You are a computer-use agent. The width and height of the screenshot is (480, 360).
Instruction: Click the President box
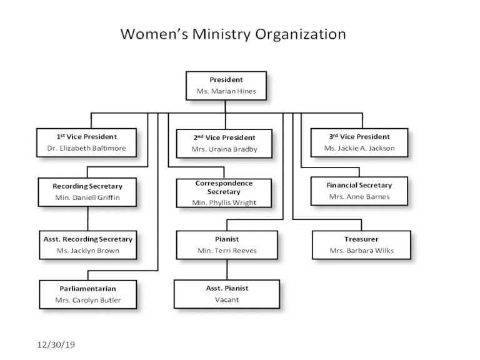tap(226, 86)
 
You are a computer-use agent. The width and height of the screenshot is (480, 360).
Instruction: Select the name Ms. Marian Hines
tap(226, 91)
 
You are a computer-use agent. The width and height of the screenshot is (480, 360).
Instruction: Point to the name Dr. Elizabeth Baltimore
tap(86, 149)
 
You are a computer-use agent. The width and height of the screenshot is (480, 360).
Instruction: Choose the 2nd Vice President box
tap(224, 143)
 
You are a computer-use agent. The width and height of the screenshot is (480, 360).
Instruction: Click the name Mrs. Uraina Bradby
tap(224, 150)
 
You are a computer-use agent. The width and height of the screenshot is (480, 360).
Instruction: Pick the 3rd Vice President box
tap(359, 142)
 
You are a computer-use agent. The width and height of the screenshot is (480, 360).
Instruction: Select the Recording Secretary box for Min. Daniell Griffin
tap(87, 192)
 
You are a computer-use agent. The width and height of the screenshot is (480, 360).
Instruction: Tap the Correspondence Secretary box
tap(224, 192)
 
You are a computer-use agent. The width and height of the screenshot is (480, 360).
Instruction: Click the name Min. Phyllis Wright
tap(224, 202)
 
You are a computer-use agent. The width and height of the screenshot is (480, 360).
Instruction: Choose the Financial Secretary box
tap(359, 191)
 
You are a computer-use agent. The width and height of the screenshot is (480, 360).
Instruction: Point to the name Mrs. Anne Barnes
tap(359, 197)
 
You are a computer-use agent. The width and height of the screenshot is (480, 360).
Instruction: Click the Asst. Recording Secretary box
tap(87, 245)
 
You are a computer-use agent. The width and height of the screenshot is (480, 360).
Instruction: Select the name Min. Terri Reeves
tap(226, 251)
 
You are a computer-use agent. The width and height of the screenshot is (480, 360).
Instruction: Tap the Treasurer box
tap(361, 245)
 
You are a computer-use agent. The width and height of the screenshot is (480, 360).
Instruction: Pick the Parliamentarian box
tap(87, 294)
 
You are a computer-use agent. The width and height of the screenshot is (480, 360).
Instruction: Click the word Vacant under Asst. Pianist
tap(226, 299)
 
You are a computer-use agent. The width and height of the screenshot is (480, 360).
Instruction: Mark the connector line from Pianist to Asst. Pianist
tap(226, 269)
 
